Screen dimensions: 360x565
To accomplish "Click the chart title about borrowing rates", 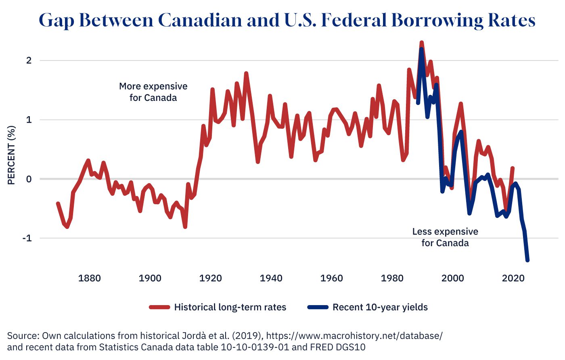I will click(x=287, y=20).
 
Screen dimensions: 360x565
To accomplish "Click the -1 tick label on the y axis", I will click(x=27, y=238).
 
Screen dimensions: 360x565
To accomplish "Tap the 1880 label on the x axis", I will click(x=90, y=278).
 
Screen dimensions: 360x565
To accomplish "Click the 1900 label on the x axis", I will click(x=150, y=278).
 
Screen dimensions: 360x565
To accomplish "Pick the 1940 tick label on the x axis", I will click(x=271, y=278).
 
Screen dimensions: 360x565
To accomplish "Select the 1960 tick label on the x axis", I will click(x=332, y=278).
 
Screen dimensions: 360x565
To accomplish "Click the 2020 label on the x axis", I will click(x=513, y=278).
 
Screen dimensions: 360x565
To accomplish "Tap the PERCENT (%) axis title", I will click(x=11, y=155).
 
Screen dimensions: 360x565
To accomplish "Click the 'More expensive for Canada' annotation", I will click(x=153, y=92).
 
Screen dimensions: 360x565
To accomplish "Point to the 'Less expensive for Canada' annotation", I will click(x=445, y=237).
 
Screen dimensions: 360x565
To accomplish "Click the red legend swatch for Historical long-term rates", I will click(x=159, y=308).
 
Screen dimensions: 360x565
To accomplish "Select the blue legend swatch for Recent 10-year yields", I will click(x=318, y=308).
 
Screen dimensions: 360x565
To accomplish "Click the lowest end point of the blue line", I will click(x=527, y=260).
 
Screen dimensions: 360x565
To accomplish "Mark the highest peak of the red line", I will click(x=421, y=42).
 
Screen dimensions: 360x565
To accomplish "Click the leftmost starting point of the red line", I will click(x=58, y=204).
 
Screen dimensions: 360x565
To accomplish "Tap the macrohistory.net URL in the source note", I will click(x=354, y=336).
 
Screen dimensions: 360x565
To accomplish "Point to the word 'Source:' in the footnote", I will click(x=23, y=336).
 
